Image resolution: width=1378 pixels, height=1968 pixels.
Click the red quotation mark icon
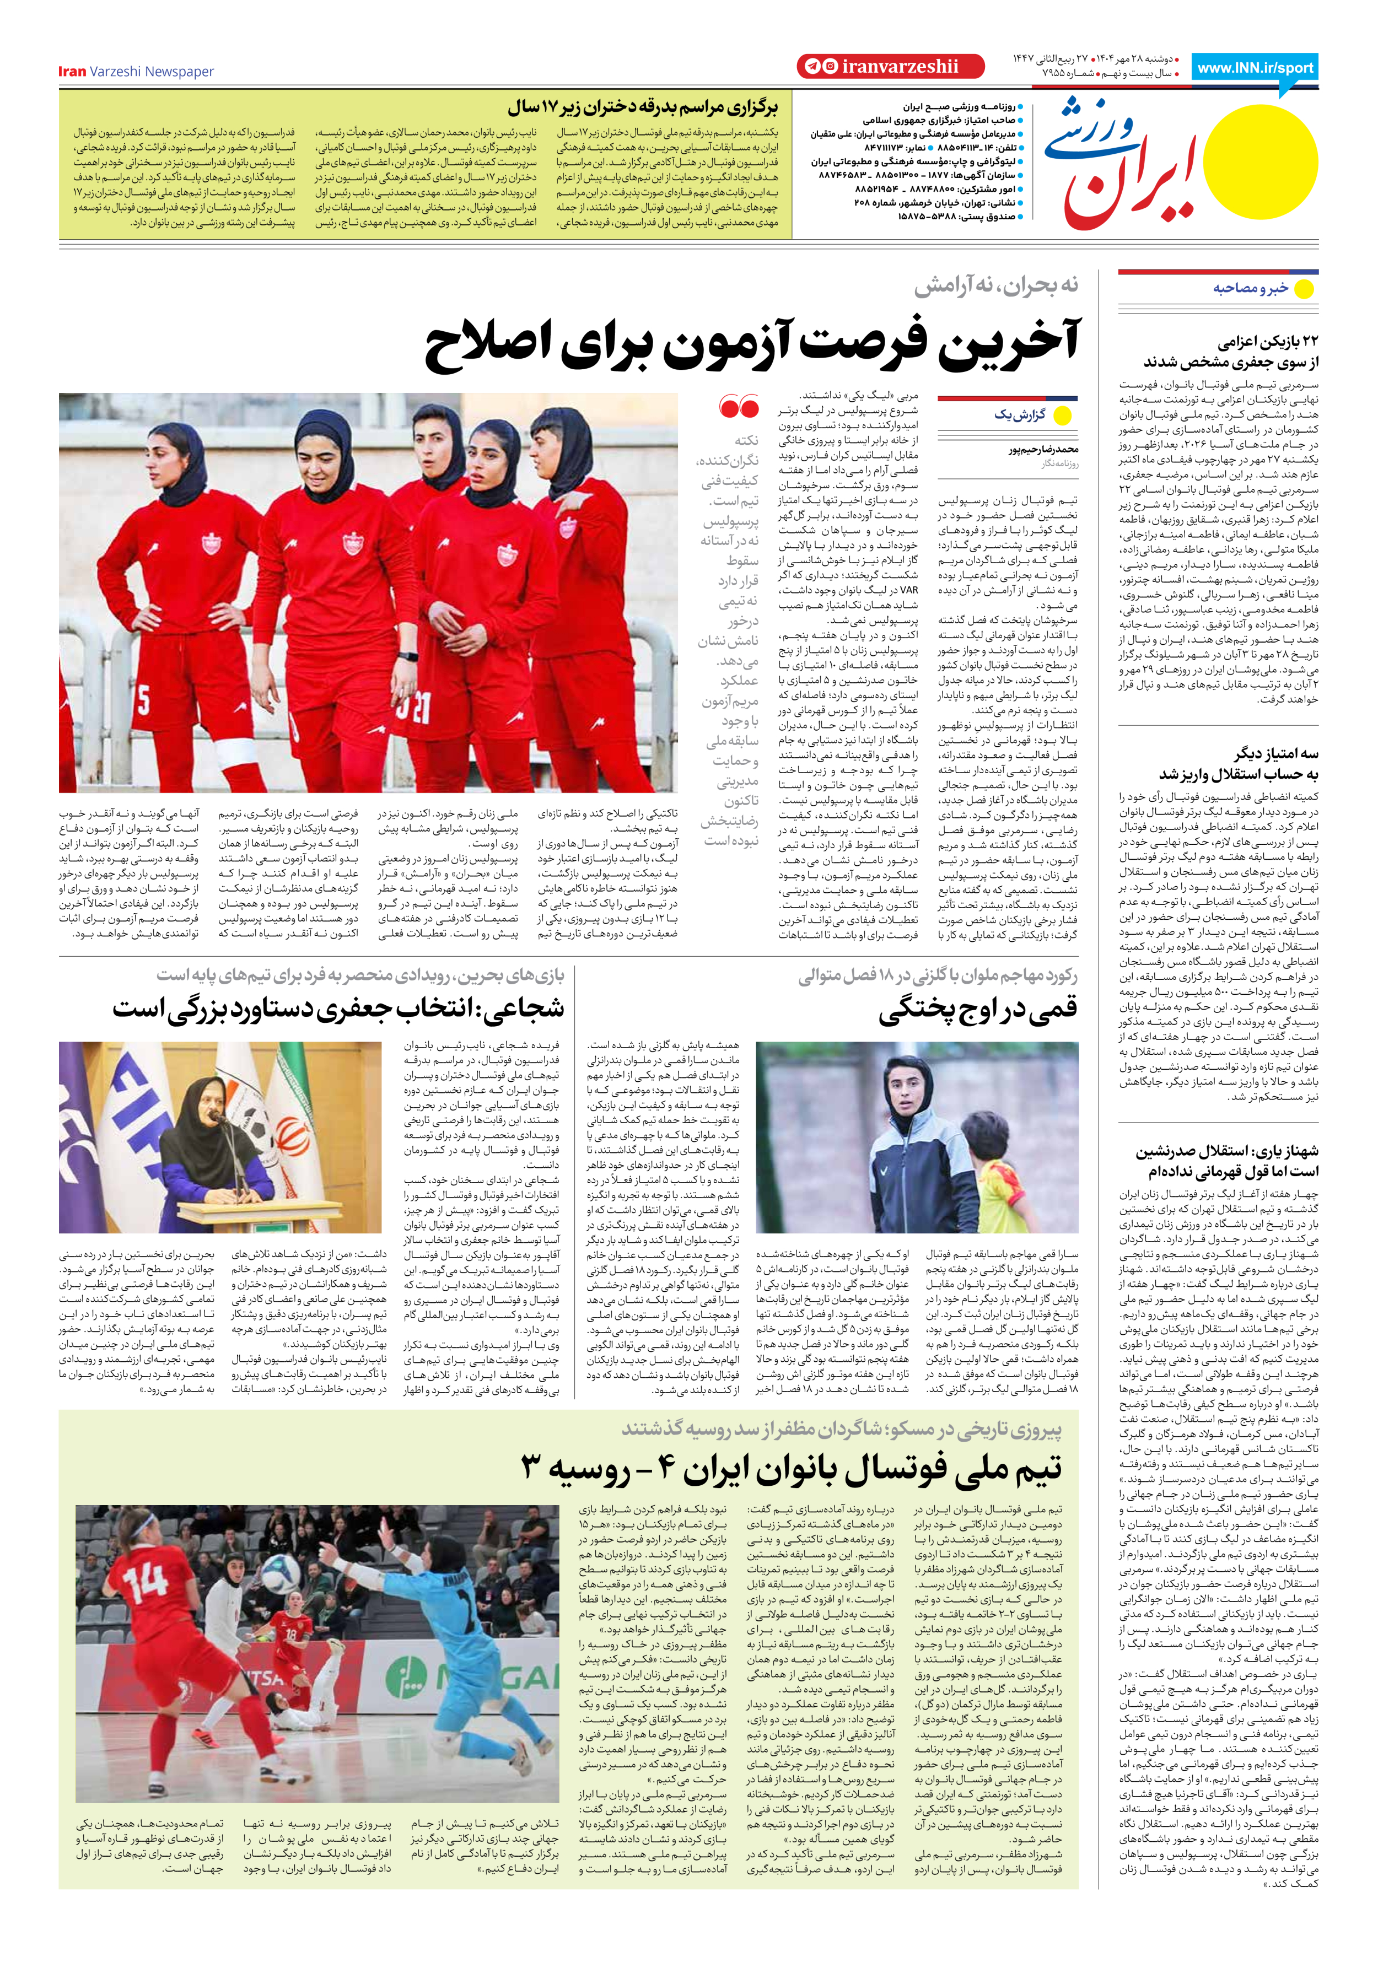point(739,407)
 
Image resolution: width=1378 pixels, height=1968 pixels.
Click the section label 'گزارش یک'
point(1020,415)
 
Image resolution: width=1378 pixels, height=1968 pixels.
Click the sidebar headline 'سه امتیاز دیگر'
point(1276,754)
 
